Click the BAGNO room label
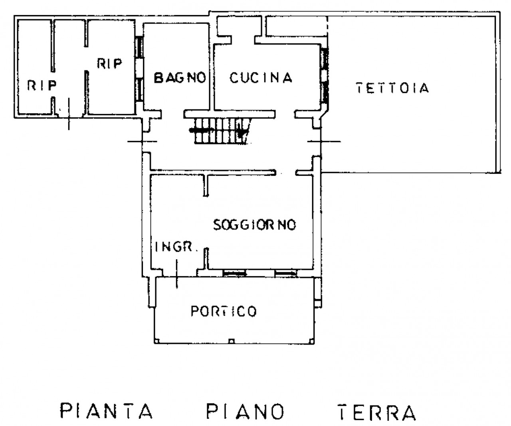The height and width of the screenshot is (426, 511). [x=180, y=78]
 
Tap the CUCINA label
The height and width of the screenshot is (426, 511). [x=261, y=78]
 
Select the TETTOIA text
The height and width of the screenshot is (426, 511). [x=392, y=88]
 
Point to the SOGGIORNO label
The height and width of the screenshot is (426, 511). [x=255, y=225]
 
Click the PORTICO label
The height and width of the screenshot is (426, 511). [x=224, y=311]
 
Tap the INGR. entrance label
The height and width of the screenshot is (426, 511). [x=176, y=247]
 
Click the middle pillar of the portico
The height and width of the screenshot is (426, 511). [x=231, y=341]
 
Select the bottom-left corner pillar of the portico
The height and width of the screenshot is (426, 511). [x=157, y=341]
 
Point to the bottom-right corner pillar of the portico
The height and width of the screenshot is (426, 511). [x=311, y=341]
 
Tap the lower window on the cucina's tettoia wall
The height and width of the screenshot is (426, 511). [x=325, y=92]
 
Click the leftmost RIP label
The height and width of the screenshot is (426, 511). [x=42, y=86]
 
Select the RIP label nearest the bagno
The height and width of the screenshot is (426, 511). [x=109, y=63]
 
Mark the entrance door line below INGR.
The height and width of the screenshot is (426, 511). [x=177, y=274]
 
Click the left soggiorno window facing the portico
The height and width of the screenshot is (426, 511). [x=234, y=274]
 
